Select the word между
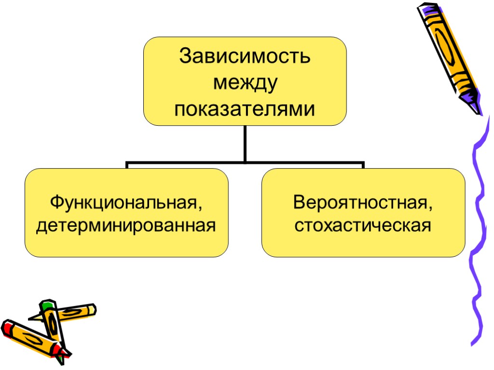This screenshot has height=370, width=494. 245,83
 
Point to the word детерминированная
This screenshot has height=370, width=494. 126,225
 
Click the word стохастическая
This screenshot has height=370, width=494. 363,225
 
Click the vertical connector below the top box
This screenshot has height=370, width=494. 245,144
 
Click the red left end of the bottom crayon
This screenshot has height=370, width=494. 7,328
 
